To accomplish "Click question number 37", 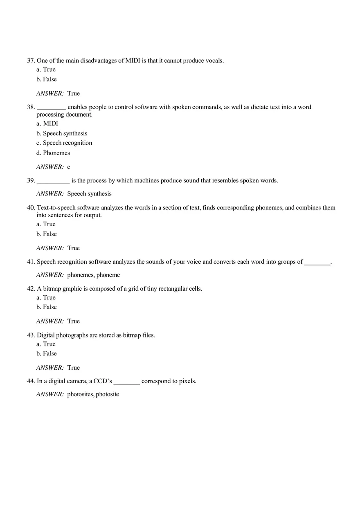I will (31, 61).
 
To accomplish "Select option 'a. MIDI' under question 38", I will (47, 123).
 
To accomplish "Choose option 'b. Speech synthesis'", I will (62, 133).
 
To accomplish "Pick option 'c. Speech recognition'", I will (64, 143).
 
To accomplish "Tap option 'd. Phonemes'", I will (53, 153).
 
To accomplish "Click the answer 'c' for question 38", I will (69, 167).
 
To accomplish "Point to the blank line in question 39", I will (53, 181).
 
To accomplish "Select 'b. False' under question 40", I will (47, 234).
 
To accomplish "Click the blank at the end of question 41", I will (317, 262).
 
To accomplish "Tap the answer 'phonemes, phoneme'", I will (94, 275).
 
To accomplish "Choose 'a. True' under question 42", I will (46, 297).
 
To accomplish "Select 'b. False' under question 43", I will (47, 353).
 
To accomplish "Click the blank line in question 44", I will (127, 382).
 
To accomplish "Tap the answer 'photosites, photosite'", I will (93, 394).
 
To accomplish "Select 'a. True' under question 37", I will (46, 69).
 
